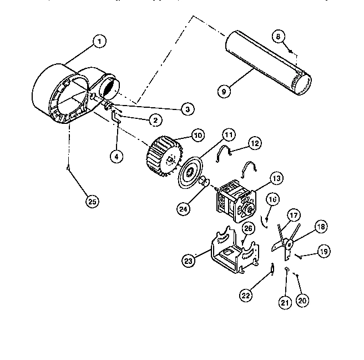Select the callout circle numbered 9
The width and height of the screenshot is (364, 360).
click(223, 90)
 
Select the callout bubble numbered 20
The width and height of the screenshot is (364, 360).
click(302, 300)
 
